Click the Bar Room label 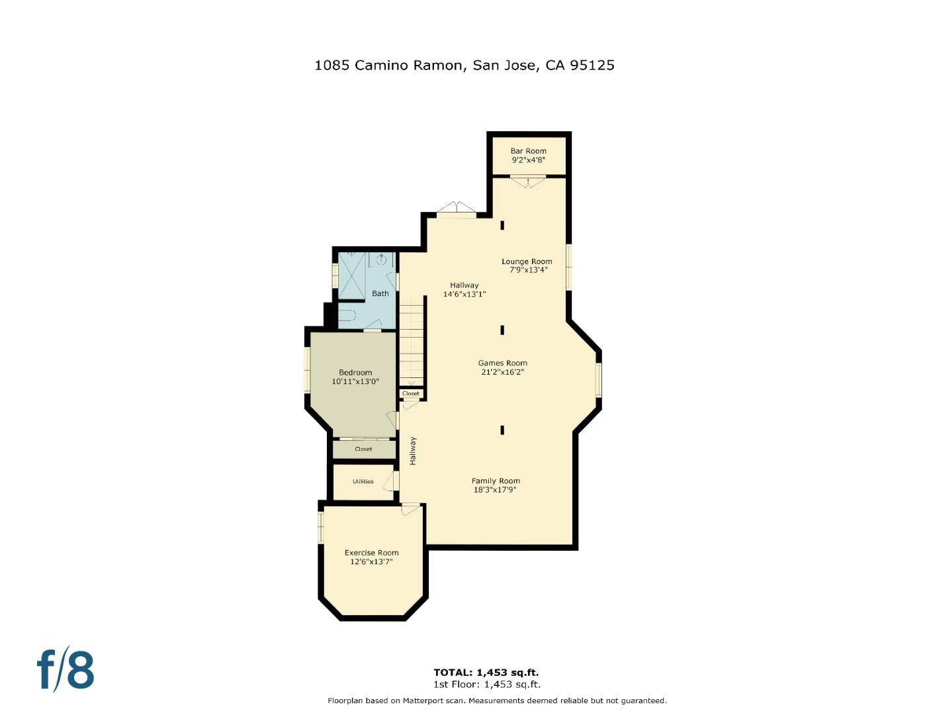click(528, 151)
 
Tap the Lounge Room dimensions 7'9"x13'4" click(528, 270)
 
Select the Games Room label click(503, 363)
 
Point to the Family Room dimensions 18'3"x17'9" click(495, 490)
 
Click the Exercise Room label click(371, 553)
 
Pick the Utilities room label click(363, 481)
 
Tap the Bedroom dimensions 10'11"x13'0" click(355, 381)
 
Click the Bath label click(380, 293)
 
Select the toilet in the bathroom click(348, 313)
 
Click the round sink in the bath click(382, 260)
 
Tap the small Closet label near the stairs click(411, 393)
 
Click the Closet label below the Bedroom click(363, 449)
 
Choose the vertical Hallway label click(413, 450)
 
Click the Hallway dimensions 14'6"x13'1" click(464, 294)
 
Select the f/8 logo click(66, 670)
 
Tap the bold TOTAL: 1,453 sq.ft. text click(486, 673)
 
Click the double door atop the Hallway click(457, 208)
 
